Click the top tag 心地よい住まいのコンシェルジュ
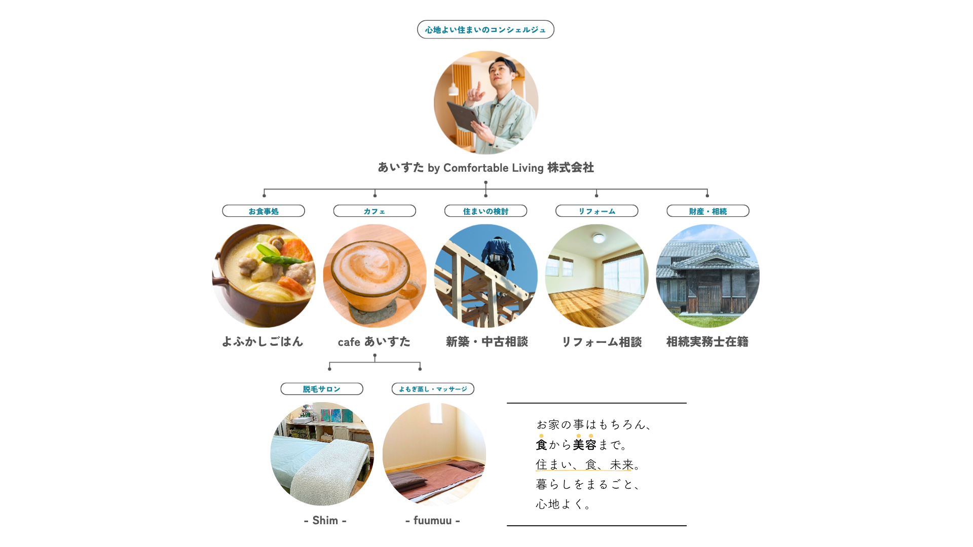click(x=485, y=29)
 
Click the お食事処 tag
click(x=264, y=211)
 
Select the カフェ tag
click(x=375, y=211)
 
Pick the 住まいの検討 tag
click(x=485, y=211)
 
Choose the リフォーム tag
click(x=597, y=211)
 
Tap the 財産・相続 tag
click(x=708, y=211)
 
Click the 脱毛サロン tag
click(x=322, y=389)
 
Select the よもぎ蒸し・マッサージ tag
click(x=433, y=389)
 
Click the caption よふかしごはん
click(x=263, y=342)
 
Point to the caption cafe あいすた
click(x=374, y=342)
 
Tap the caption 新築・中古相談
click(x=487, y=342)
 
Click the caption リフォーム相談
click(x=602, y=342)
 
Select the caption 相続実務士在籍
click(x=707, y=342)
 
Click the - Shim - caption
click(x=325, y=521)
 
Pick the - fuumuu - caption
click(x=433, y=521)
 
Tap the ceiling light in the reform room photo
click(x=599, y=238)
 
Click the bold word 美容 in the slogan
click(x=585, y=445)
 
